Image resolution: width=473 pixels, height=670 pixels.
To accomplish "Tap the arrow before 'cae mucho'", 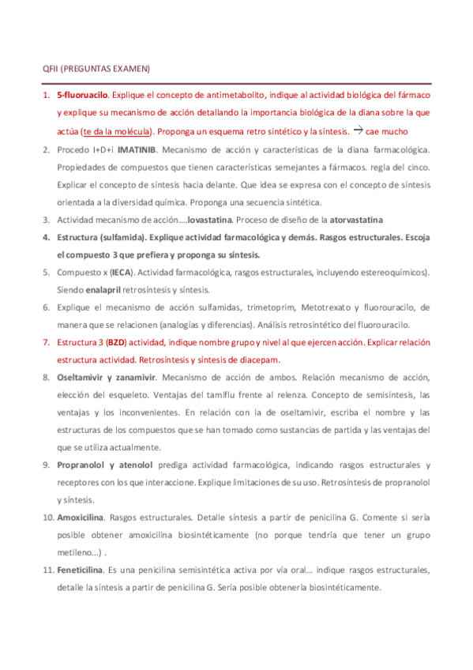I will (x=358, y=130).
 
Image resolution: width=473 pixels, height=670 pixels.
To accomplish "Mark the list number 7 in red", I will (x=47, y=342).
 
